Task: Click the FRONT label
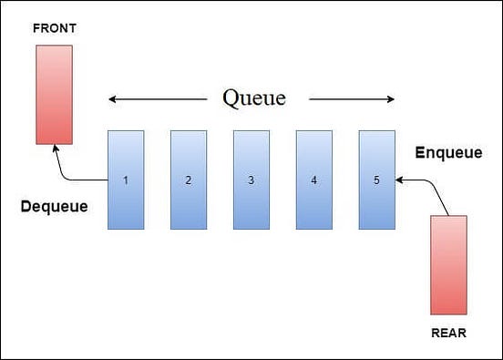pos(54,28)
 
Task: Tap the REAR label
pos(448,334)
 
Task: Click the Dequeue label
pos(55,207)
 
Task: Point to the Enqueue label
pos(448,153)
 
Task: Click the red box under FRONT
pos(54,94)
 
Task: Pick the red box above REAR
pos(448,265)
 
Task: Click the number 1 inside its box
pos(126,180)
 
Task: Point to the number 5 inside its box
pos(376,180)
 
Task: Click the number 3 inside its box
pos(251,180)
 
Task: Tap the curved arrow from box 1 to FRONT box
pos(69,170)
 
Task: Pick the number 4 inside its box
pos(313,180)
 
